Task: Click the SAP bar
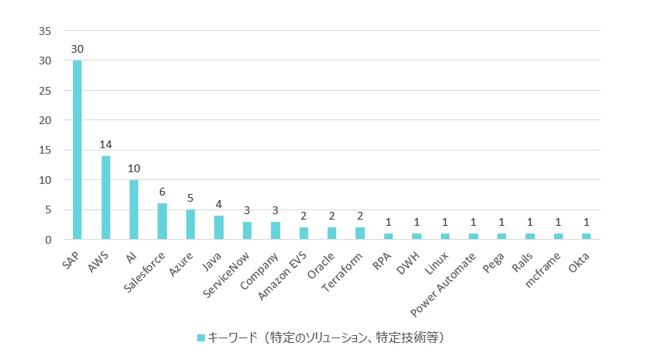pos(78,150)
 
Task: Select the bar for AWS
pos(106,198)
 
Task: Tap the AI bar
pos(134,209)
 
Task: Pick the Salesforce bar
pos(162,221)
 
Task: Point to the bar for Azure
pos(190,224)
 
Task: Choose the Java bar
pos(219,227)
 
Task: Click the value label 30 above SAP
pos(78,49)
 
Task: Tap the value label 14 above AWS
pos(106,144)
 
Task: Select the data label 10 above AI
pos(134,168)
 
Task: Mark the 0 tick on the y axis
pos(48,240)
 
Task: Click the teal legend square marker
pos(201,337)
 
